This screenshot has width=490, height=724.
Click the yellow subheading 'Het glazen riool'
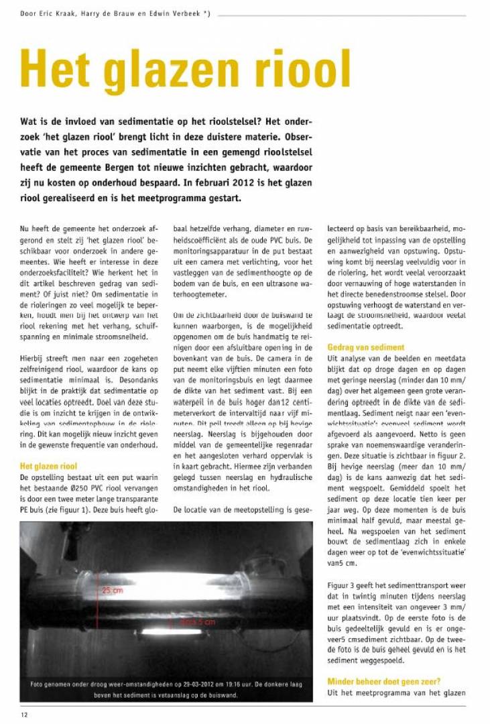coord(48,465)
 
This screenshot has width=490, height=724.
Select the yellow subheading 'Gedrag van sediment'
coord(365,347)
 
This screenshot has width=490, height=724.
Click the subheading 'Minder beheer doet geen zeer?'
coord(384,682)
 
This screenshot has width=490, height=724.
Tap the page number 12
coord(24,715)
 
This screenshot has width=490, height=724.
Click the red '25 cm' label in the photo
coord(112,590)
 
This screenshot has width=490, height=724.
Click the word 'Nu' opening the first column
coord(25,230)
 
